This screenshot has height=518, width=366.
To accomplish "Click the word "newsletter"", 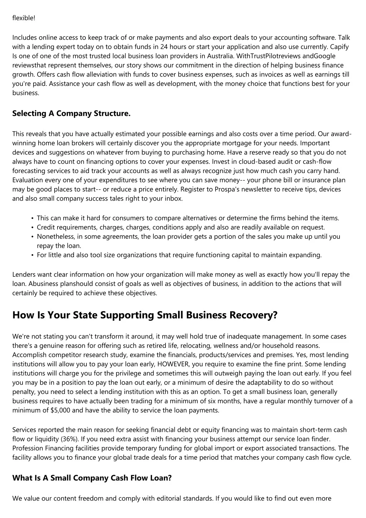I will [257, 189].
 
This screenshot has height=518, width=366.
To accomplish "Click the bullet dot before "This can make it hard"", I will [33, 218].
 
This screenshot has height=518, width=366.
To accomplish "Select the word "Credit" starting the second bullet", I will [46, 227].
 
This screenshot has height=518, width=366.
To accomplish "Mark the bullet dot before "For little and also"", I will [33, 255].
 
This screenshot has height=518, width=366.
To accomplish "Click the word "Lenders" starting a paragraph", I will [23, 275].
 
